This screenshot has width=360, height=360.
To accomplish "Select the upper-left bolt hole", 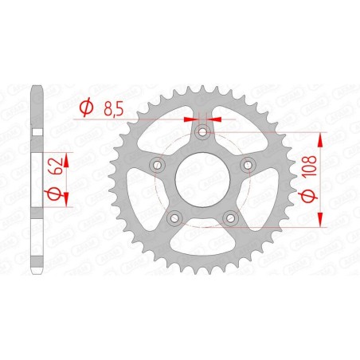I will tap(156, 164).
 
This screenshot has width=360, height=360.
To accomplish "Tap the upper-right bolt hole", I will tap(248, 164).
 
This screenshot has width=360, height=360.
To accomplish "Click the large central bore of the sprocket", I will tap(202, 179).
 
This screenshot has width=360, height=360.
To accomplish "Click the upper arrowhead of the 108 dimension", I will tap(320, 140).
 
